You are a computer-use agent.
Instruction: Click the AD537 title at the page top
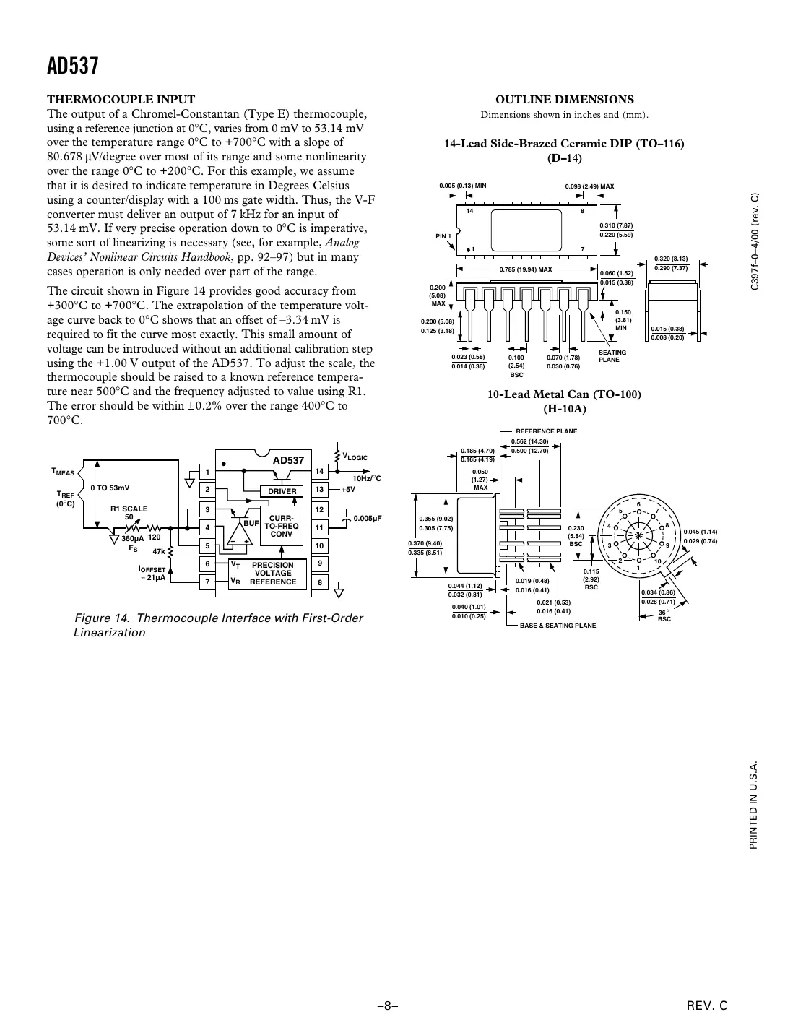coord(72,66)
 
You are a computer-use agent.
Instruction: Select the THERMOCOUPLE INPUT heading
coord(121,100)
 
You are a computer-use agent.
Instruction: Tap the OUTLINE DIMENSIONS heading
coord(565,100)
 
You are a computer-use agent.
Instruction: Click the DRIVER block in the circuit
coord(282,491)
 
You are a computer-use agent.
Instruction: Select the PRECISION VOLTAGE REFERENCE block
coord(272,574)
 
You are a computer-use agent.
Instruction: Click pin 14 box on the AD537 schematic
coord(319,472)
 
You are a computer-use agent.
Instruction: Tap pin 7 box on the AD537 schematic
coord(207,582)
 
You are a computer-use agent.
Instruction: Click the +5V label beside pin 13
coord(348,489)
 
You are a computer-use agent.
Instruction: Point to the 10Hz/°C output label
coord(366,478)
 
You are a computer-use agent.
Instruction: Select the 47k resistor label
coord(159,551)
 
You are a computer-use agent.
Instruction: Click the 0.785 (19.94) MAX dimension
coord(526,269)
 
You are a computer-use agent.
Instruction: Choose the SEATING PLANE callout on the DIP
coord(612,356)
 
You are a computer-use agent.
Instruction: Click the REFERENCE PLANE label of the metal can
coord(546,431)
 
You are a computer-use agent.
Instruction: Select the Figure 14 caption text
coord(219,625)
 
